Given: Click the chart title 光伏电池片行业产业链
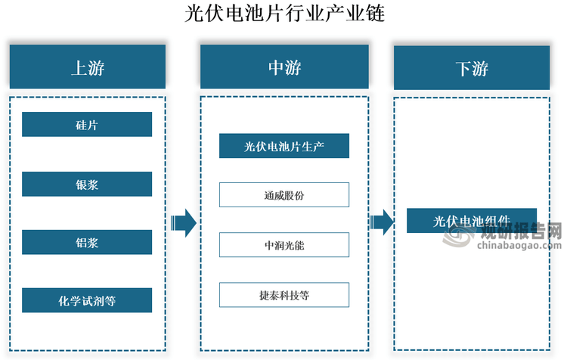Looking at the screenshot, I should click(283, 14).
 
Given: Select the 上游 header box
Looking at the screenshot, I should click(87, 67).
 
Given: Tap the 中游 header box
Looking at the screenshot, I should click(284, 67).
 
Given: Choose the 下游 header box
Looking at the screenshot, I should click(472, 68).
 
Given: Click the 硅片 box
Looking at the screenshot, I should click(87, 125).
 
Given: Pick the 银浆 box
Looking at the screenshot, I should click(87, 185).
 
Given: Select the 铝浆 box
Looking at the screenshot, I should click(87, 243).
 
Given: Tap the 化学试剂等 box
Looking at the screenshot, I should click(87, 300).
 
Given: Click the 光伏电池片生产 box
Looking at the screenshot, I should click(284, 146).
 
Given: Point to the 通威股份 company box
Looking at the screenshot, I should click(284, 195).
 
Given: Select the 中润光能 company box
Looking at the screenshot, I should click(284, 245).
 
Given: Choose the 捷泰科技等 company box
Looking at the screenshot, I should click(284, 295).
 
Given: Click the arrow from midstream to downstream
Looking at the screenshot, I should click(381, 222).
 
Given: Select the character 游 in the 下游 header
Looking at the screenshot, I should click(481, 68).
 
